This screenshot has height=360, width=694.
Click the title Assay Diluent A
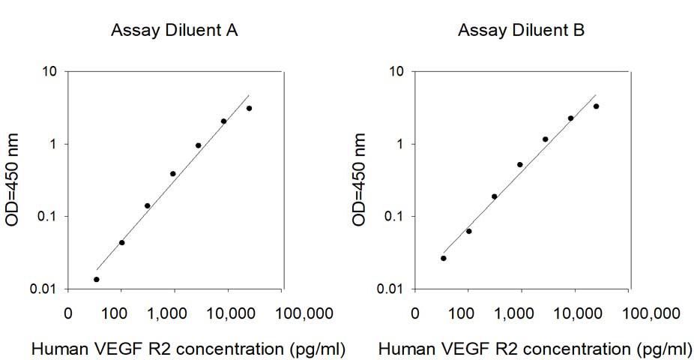point(175,30)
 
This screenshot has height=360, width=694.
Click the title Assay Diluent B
point(522,30)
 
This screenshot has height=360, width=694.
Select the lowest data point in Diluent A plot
point(97,280)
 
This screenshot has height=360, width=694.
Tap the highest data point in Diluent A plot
point(249,109)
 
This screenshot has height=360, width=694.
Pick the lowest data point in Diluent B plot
point(444,258)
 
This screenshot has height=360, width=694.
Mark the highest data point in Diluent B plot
point(596,106)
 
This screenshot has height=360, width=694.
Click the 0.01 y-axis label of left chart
point(43,289)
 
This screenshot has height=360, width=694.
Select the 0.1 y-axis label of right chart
point(394,217)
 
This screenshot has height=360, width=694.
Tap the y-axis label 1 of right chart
point(401,144)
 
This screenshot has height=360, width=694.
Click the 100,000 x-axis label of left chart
point(304,314)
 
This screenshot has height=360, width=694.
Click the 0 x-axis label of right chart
point(414,314)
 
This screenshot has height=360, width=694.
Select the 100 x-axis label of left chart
point(114,314)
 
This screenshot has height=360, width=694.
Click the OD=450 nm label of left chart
point(12,180)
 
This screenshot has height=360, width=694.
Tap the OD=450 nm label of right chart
point(359,180)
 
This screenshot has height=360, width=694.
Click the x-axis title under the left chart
point(189,349)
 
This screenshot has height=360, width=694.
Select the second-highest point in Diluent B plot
point(570,118)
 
